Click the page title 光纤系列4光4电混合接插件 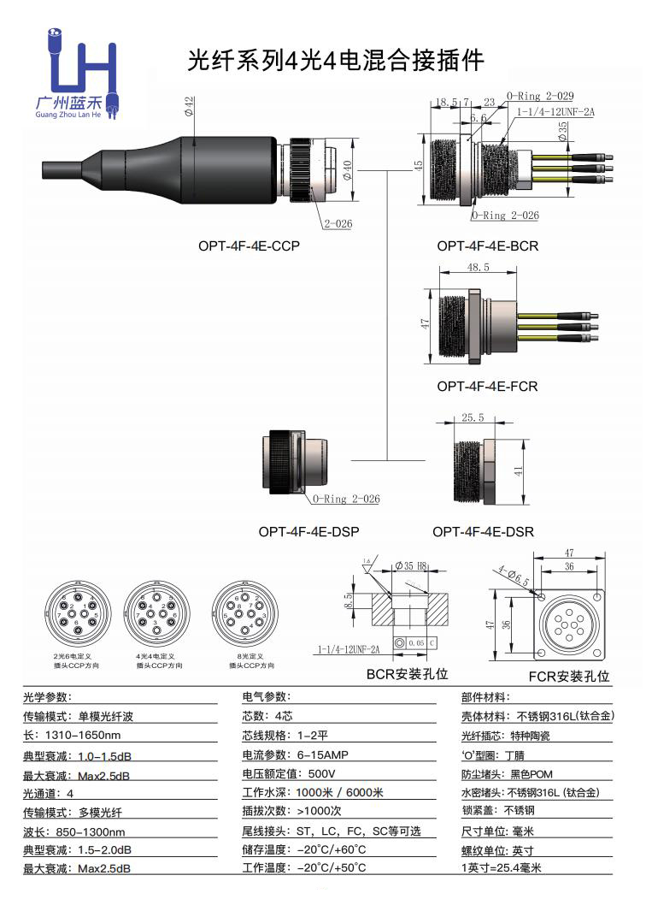pos(336,60)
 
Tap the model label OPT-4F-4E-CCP pos(249,245)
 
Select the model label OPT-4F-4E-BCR pos(487,245)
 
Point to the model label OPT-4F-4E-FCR pos(487,386)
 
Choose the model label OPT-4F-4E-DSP pos(308,531)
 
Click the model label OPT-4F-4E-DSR pos(483,531)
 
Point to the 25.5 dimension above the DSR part pos(473,418)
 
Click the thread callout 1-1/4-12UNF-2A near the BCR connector pos(558,111)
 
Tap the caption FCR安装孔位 pos(568,676)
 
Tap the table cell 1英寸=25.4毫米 pos(502,867)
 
